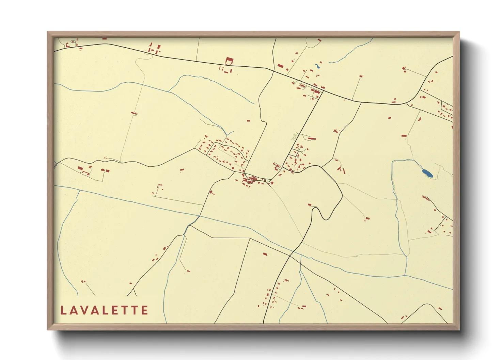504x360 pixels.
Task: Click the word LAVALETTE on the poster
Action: click(x=104, y=310)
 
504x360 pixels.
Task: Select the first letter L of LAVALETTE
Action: click(x=63, y=310)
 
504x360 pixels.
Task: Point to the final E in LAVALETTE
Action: click(x=145, y=310)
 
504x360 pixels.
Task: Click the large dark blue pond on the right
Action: click(x=427, y=173)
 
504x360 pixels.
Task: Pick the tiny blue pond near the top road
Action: click(x=318, y=65)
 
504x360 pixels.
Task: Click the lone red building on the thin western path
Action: click(x=134, y=113)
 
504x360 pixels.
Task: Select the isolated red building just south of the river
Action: click(x=265, y=254)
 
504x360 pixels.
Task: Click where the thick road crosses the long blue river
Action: click(x=290, y=255)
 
